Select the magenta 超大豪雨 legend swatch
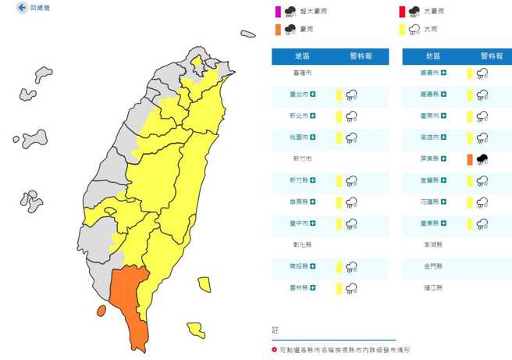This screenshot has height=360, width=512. tap(276, 11)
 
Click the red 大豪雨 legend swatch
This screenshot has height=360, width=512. tap(402, 11)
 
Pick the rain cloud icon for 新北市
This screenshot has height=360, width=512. tap(352, 116)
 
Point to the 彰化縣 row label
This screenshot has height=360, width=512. tap(301, 244)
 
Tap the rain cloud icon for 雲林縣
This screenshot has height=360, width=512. tap(352, 288)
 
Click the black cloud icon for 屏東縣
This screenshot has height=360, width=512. tap(483, 159)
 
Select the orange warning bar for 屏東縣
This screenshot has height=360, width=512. tap(469, 159)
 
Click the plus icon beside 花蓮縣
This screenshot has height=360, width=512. tap(443, 201)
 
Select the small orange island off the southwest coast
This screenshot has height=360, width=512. tap(101, 311)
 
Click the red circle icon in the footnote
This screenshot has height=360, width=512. tap(274, 350)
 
